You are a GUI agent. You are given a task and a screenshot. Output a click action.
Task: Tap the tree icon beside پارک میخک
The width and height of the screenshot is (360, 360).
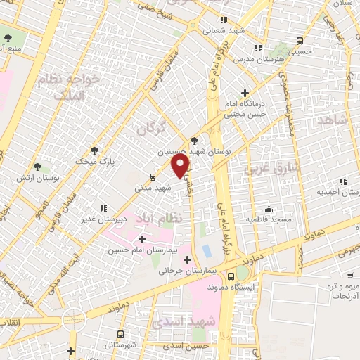(x=94, y=150)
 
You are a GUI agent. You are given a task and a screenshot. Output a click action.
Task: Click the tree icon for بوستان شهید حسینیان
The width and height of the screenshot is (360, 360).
(x=195, y=140)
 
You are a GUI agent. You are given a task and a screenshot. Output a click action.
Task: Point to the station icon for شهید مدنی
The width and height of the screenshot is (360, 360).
(x=153, y=176)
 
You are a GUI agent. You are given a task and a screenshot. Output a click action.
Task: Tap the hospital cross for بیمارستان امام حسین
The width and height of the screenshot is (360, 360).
(x=143, y=240)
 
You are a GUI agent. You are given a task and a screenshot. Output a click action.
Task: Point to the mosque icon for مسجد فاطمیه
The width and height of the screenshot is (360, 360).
(x=268, y=209)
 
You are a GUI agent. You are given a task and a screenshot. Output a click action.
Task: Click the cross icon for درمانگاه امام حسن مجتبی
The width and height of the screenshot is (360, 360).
(x=245, y=93)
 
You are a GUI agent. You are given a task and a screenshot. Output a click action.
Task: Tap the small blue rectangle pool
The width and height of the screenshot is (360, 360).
(x=207, y=250)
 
